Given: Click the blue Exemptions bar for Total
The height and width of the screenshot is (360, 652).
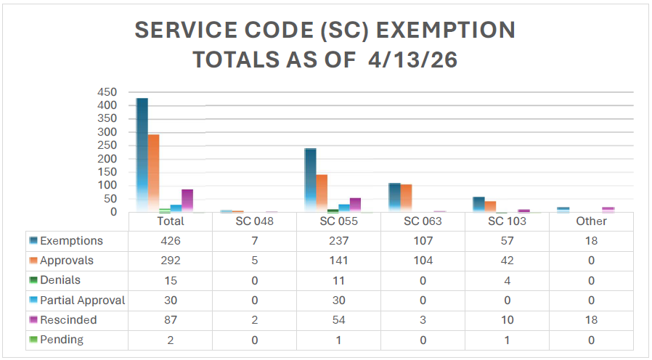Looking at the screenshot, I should pos(142,155).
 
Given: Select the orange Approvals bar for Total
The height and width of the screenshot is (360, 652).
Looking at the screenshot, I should pos(153,173).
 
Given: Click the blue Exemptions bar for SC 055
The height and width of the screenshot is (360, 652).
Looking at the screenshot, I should pos(310,180).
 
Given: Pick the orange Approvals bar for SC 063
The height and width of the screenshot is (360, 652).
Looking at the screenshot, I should pos(406,198).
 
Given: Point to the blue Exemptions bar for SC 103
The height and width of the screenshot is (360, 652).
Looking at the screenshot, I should pos(478,204).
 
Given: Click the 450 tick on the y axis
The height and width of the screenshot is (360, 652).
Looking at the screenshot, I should pos(107,92).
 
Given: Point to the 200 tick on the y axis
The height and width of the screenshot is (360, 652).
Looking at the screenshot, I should pos(107,159).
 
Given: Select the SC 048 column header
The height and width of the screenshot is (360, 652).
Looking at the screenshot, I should pos(254,221).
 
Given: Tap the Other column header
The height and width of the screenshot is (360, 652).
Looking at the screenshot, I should pos(591,221).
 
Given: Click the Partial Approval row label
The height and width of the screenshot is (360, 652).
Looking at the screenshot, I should pos(82,300).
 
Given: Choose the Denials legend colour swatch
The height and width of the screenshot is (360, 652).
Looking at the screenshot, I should pos(33,281).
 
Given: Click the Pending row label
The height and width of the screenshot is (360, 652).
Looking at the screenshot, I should pos(62,340).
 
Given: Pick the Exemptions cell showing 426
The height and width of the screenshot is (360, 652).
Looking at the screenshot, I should pos(170,241).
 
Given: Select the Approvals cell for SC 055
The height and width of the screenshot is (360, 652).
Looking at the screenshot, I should pos(338,261).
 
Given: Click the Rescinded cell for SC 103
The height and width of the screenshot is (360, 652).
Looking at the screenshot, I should pos(507,320).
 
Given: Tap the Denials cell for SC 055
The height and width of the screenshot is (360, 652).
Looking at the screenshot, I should pos(338,280).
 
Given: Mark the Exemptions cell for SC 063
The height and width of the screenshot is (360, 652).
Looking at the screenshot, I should pos(423,241).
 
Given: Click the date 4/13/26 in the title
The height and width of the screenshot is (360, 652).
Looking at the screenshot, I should pos(412,60).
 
